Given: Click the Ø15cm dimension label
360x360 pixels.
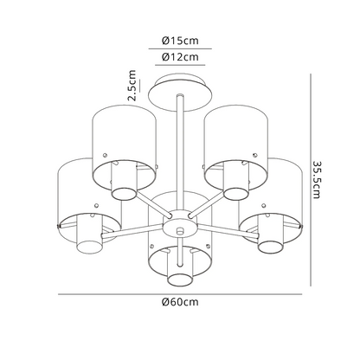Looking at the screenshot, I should (180, 40).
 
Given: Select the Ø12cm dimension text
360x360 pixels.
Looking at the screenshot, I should (180, 57).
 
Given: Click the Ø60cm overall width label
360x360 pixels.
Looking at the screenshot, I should (180, 303).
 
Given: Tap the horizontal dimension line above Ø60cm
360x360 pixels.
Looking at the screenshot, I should (180, 292).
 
